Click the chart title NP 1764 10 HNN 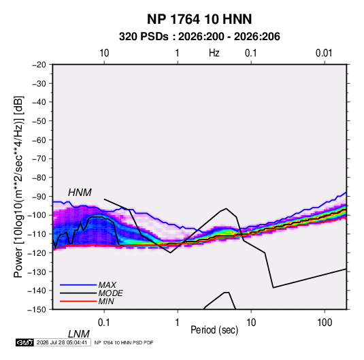pyautogui.click(x=199, y=19)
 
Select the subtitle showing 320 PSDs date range pyautogui.click(x=199, y=37)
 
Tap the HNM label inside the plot pyautogui.click(x=80, y=193)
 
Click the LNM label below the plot pyautogui.click(x=78, y=334)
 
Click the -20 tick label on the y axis pyautogui.click(x=39, y=65)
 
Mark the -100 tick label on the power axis pyautogui.click(x=37, y=215)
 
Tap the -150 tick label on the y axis pyautogui.click(x=37, y=310)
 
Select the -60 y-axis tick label pyautogui.click(x=39, y=140)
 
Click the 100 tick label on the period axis pyautogui.click(x=325, y=323)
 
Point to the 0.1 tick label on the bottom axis pyautogui.click(x=103, y=323)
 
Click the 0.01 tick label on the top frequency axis pyautogui.click(x=324, y=53)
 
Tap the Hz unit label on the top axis pyautogui.click(x=214, y=53)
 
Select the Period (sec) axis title pyautogui.click(x=214, y=330)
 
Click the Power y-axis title pyautogui.click(x=18, y=186)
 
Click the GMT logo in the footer pyautogui.click(x=24, y=342)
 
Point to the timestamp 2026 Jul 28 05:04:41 pyautogui.click(x=62, y=342)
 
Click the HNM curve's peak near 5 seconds pyautogui.click(x=226, y=208)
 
